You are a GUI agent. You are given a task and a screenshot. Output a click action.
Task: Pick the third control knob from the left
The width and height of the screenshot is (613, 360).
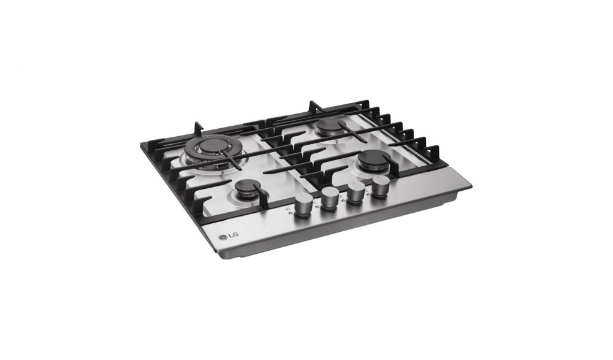coord(356,193)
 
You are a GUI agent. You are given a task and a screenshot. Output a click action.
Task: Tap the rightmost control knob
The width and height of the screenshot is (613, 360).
coord(381,186)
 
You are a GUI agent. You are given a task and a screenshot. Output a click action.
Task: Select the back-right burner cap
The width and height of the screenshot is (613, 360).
coord(330,126)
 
